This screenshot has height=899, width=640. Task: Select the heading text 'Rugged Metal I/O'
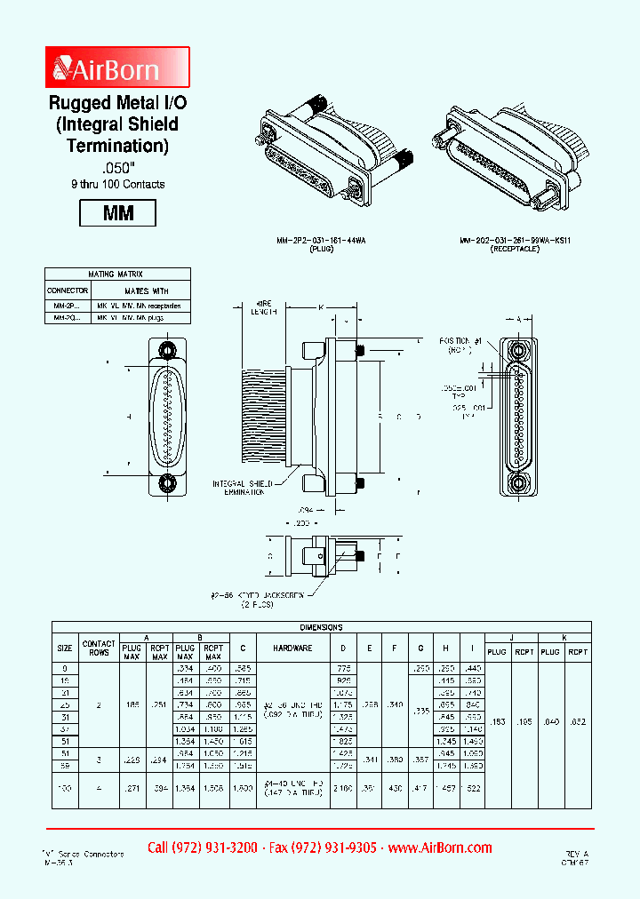[117, 104]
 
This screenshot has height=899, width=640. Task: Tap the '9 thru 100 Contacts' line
[117, 184]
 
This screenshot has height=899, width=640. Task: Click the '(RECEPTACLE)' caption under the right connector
[515, 251]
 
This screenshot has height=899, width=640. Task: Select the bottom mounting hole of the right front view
[517, 484]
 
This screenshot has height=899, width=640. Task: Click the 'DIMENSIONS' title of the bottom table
[320, 626]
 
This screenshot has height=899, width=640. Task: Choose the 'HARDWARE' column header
[292, 648]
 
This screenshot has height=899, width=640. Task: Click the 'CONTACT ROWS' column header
[99, 649]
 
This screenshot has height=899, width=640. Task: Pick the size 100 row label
[66, 788]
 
